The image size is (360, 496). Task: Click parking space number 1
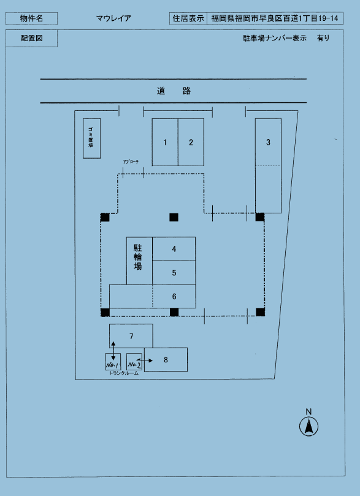pyautogui.click(x=165, y=142)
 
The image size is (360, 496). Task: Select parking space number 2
pyautogui.click(x=191, y=142)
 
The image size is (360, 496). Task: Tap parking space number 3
pyautogui.click(x=268, y=142)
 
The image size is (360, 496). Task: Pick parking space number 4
pyautogui.click(x=174, y=249)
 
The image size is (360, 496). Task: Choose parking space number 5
pyautogui.click(x=174, y=273)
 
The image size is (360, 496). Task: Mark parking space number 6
pyautogui.click(x=174, y=296)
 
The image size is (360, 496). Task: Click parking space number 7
pyautogui.click(x=131, y=336)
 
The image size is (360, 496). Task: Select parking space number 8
pyautogui.click(x=166, y=359)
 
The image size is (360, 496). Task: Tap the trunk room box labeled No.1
pyautogui.click(x=113, y=362)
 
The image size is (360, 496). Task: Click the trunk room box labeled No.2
pyautogui.click(x=134, y=362)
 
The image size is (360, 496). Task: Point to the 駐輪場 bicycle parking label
pyautogui.click(x=139, y=258)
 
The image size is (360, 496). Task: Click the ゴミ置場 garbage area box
pyautogui.click(x=91, y=138)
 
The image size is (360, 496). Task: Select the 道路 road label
pyautogui.click(x=174, y=91)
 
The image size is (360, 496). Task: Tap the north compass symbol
pyautogui.click(x=309, y=425)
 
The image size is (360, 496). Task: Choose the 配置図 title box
pyautogui.click(x=32, y=39)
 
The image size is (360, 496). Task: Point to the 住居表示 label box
pyautogui.click(x=188, y=18)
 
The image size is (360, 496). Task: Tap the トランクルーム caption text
pyautogui.click(x=124, y=373)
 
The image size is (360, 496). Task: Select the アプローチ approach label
pyautogui.click(x=131, y=162)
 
